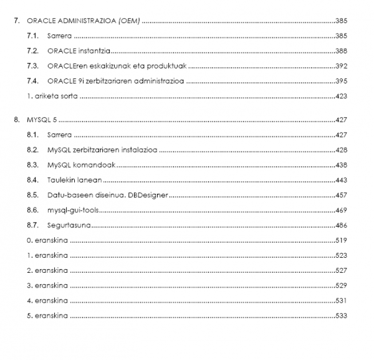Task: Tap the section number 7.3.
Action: coord(33,66)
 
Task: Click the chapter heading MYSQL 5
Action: coord(41,120)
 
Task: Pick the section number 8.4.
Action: coord(33,180)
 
